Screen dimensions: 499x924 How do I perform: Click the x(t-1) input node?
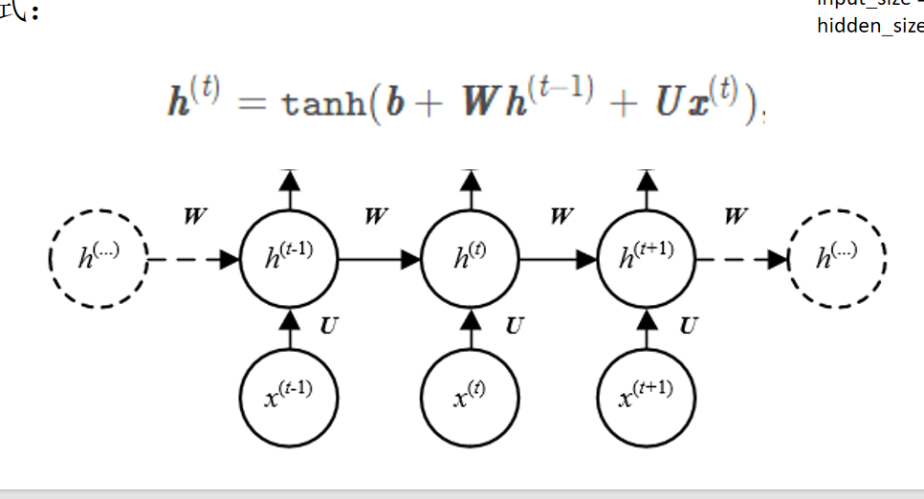coord(289,396)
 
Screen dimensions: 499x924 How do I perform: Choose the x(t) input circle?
coord(470,396)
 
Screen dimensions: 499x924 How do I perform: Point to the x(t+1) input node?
coord(647,396)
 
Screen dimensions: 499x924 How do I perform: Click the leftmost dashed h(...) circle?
coord(98,258)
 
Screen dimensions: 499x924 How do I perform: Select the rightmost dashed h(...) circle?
coord(838,258)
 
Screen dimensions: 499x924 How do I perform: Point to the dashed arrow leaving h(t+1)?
coord(741,258)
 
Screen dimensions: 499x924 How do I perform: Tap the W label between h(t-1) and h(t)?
coord(376,217)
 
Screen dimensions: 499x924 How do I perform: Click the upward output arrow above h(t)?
coord(470,187)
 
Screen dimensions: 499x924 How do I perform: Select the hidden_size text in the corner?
coord(869,26)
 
